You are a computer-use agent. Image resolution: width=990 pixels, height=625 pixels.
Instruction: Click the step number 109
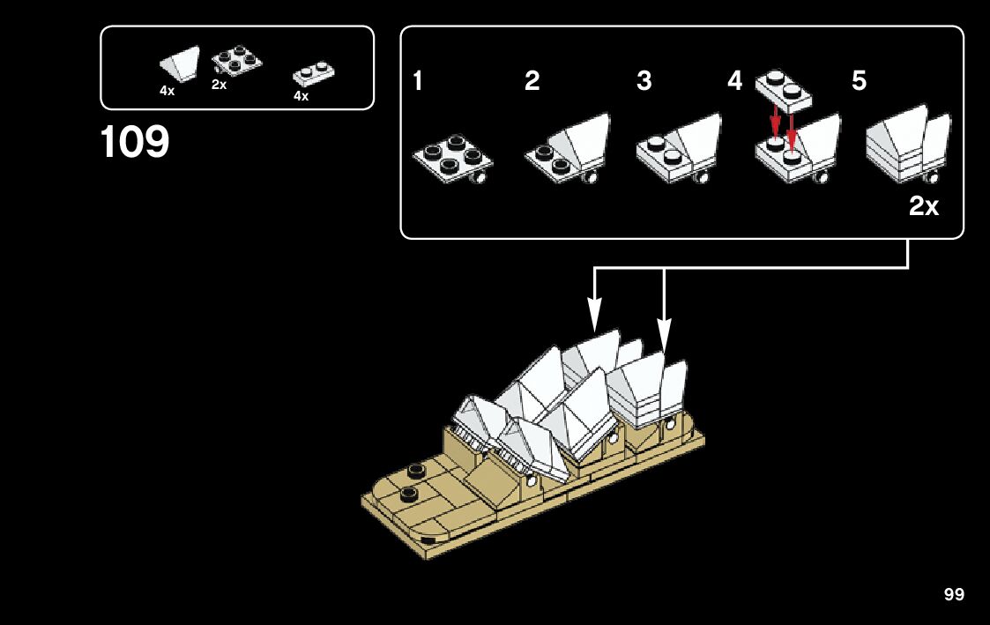coord(135,141)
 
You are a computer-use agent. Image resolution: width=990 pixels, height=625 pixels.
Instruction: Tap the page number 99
coord(954,594)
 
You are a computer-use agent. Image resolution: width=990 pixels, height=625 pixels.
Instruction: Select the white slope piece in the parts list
coord(180,63)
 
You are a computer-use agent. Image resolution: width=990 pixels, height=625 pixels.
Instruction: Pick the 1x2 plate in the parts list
coord(313,74)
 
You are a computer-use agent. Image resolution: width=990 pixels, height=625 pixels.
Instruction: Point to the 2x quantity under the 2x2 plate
coord(220,85)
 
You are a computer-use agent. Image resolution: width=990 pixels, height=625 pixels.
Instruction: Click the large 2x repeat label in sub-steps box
coord(924,205)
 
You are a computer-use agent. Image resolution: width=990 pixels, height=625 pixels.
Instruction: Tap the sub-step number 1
coord(417,81)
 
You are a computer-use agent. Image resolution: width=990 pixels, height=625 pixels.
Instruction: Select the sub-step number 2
coord(532,81)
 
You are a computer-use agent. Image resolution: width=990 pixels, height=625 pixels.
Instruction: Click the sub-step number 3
coord(644,81)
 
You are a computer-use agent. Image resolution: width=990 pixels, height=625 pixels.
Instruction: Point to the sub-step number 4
coord(735,81)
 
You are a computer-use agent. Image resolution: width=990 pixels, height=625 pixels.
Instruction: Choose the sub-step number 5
coord(860,81)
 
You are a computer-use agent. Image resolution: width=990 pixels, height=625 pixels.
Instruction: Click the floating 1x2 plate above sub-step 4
coord(784,90)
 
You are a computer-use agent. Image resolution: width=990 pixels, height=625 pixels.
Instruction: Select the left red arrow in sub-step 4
coord(775,122)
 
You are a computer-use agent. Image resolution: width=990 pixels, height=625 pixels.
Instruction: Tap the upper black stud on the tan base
coord(415,471)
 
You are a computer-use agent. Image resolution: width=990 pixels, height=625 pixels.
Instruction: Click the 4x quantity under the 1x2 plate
coord(301,97)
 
